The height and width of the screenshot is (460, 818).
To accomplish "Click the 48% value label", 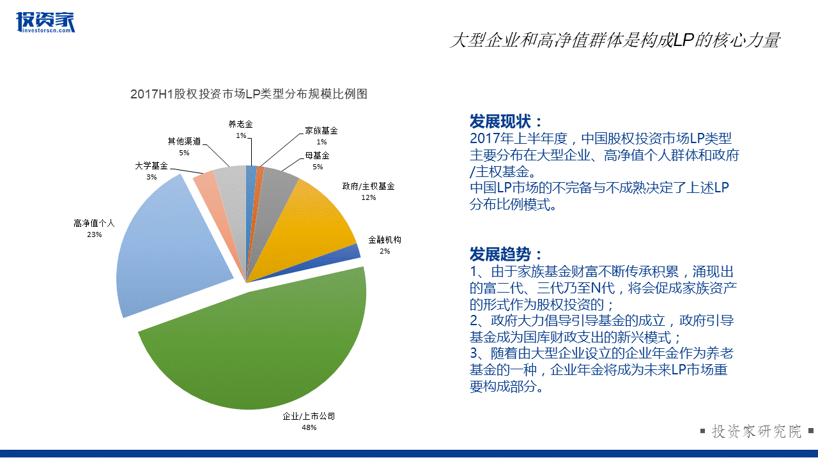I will tap(309, 427).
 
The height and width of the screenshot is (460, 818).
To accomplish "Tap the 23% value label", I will tap(94, 234).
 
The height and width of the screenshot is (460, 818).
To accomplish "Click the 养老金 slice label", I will tap(240, 124).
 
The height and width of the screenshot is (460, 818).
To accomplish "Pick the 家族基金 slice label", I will tap(321, 130).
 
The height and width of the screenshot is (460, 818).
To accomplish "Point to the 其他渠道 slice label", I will tap(184, 141).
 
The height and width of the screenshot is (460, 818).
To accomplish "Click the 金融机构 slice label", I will tap(385, 240).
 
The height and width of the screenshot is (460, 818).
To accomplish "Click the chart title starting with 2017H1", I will tap(249, 94).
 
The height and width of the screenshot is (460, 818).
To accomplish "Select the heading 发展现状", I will tap(505, 121).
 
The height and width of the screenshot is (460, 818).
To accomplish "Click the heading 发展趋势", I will tap(505, 254).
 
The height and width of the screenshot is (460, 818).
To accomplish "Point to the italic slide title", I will tap(615, 40).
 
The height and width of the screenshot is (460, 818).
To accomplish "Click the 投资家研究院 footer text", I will tap(757, 431).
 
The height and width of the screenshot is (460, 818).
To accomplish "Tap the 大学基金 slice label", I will tap(151, 165).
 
